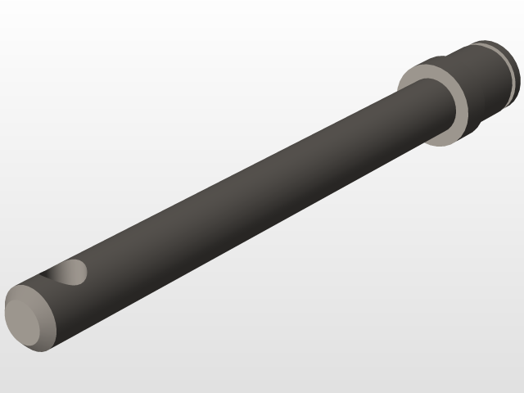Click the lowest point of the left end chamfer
pyautogui.click(x=37, y=348)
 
